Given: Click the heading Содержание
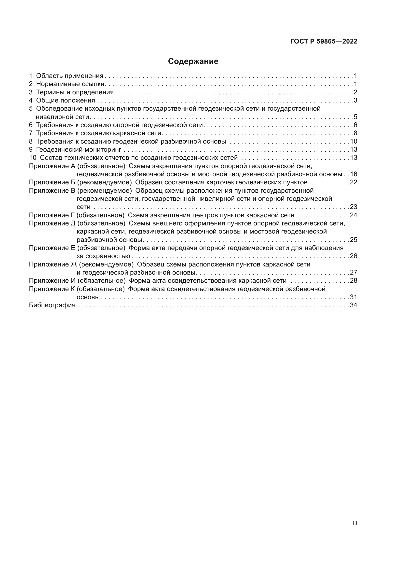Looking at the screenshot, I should tap(193, 61).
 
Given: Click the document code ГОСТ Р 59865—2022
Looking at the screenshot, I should tap(324, 42).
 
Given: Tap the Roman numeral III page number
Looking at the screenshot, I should tap(354, 523).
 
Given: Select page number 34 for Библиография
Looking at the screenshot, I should tap(353, 305).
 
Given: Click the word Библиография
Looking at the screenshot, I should tap(52, 305).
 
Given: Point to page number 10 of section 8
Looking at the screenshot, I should tap(353, 141).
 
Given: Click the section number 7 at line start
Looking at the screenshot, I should tap(31, 133).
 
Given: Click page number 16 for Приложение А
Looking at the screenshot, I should tap(353, 174).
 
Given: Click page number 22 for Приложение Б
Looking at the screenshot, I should tap(353, 182).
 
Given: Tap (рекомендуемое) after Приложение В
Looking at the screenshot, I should tap(104, 191).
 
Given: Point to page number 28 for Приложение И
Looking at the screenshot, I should tap(353, 280).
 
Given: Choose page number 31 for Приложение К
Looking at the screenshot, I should tap(353, 297).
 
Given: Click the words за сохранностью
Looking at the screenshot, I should tap(103, 256).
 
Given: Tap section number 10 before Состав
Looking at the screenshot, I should tap(33, 158).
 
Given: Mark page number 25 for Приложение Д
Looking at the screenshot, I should tap(353, 240).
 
